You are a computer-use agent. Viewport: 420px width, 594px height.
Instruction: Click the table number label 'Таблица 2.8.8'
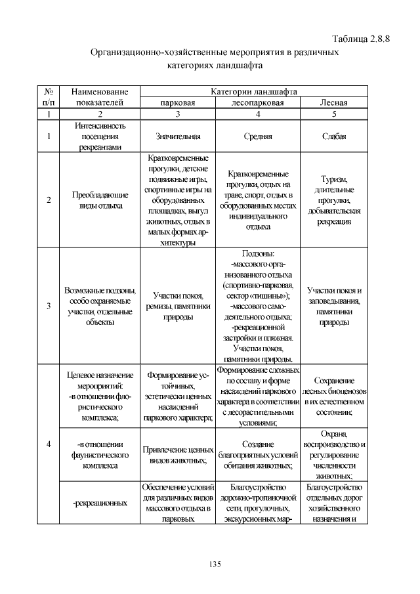(362, 38)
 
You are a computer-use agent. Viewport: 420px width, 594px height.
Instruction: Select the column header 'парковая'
(178, 103)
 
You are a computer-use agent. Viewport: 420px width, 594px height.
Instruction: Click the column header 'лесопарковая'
(258, 103)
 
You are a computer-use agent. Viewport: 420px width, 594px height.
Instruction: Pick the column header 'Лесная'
(333, 103)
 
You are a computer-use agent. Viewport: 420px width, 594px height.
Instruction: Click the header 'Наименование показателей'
(99, 98)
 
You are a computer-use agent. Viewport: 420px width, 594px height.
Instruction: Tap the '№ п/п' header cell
(49, 98)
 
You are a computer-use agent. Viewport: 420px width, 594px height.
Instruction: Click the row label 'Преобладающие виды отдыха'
(99, 200)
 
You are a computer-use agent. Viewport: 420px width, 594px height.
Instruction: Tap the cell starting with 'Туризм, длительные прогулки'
(333, 200)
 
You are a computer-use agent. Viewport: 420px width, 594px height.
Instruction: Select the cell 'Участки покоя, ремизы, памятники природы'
(178, 306)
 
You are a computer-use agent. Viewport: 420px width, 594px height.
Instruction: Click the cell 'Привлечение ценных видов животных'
(178, 455)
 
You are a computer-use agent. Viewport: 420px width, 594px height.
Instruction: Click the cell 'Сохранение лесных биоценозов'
(333, 396)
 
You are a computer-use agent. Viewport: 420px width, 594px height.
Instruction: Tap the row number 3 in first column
(49, 306)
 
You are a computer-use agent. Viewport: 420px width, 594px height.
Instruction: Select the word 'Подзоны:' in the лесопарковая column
(258, 253)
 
